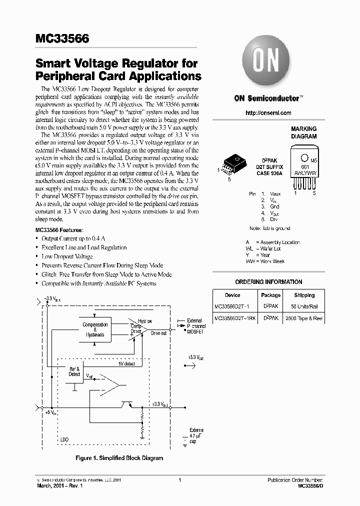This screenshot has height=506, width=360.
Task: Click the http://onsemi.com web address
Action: click(x=268, y=113)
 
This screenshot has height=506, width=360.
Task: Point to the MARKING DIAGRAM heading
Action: click(x=303, y=132)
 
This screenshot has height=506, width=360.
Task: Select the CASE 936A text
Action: click(x=269, y=173)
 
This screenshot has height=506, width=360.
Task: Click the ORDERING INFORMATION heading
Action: click(x=268, y=282)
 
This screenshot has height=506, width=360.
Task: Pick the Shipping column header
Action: click(x=304, y=295)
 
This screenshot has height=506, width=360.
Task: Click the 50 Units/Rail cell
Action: click(x=304, y=305)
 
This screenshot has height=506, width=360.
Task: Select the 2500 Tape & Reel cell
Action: click(x=304, y=318)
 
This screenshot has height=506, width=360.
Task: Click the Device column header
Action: click(x=232, y=295)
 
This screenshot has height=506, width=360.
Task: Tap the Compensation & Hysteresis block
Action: click(x=95, y=329)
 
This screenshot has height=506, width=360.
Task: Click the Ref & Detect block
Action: click(x=74, y=371)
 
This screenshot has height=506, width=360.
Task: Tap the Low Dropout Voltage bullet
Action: click(x=66, y=256)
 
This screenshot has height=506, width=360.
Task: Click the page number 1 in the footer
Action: click(x=179, y=480)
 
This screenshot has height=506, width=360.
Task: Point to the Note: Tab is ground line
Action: click(x=269, y=228)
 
